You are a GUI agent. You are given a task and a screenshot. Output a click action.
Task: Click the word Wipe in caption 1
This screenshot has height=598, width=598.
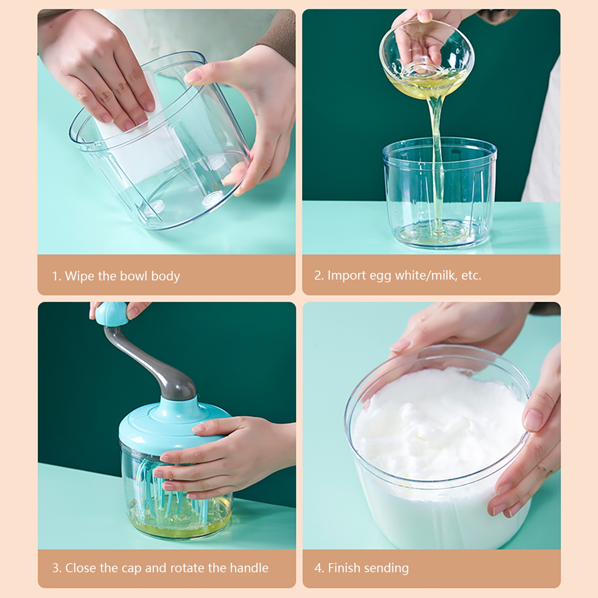[80, 276]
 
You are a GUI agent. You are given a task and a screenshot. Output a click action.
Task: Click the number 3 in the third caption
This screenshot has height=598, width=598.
[56, 568]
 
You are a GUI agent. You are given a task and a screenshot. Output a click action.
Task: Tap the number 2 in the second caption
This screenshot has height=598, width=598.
[318, 275]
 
